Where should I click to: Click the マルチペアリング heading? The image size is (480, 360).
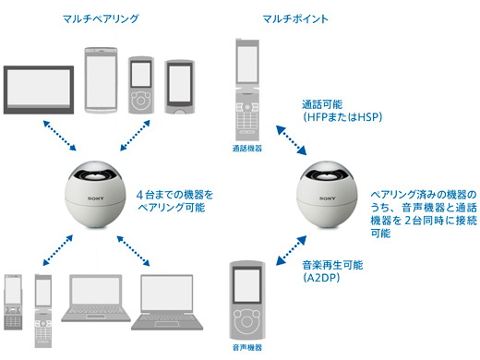tap(101, 18)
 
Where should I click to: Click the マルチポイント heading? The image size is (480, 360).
tap(295, 18)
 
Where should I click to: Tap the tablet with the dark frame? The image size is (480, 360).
tap(39, 90)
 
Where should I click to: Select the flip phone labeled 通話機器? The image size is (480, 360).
tap(247, 90)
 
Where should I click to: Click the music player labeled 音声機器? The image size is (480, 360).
tap(247, 301)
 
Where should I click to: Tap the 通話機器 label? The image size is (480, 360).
tap(247, 149)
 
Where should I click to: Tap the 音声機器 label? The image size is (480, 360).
tap(247, 348)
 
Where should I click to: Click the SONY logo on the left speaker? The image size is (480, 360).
tap(96, 198)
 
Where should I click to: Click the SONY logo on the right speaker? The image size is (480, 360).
tap(328, 198)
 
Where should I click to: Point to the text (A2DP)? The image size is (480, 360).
tap(321, 278)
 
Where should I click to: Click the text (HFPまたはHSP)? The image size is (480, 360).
tap(342, 117)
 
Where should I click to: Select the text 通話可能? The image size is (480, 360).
tap(322, 104)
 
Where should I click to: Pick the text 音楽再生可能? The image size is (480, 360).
tap(332, 265)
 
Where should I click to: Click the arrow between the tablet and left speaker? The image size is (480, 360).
tap(60, 136)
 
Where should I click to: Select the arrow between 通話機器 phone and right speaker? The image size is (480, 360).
tap(291, 140)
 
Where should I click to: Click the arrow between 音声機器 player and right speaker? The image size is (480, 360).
tap(291, 250)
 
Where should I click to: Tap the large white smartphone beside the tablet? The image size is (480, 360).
tap(101, 80)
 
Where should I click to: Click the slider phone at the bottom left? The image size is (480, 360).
tap(13, 302)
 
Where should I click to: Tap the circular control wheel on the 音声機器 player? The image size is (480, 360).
tap(246, 321)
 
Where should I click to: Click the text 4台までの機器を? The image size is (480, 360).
tap(174, 195)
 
